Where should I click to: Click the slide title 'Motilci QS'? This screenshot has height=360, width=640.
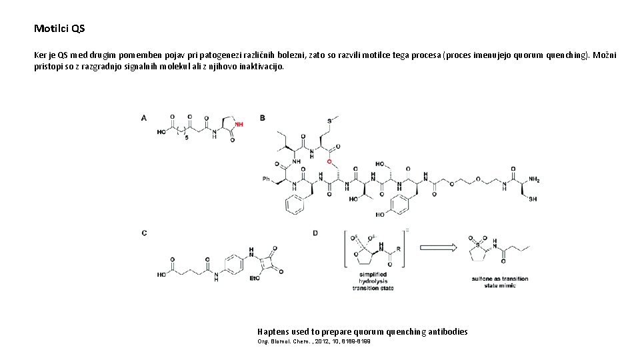click(x=59, y=29)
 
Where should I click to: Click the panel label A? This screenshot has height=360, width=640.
click(x=144, y=118)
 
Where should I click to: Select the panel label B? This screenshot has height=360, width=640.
click(x=262, y=118)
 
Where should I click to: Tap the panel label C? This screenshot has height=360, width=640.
click(x=144, y=233)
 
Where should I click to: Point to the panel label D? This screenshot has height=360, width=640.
click(x=315, y=233)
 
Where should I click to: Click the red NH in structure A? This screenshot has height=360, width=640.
click(x=239, y=124)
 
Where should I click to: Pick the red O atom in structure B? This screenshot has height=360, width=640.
click(x=329, y=161)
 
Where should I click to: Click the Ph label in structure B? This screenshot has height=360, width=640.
click(x=266, y=179)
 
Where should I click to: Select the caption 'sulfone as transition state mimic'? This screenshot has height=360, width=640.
click(x=499, y=281)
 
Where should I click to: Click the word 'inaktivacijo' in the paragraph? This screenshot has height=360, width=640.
click(x=261, y=67)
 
